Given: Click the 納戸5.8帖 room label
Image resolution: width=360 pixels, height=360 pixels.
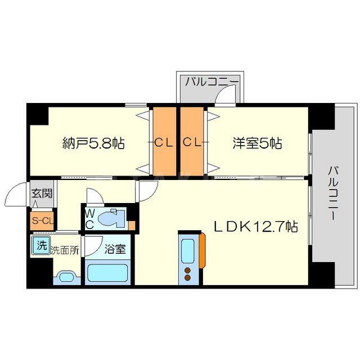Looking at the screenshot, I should tap(93, 143).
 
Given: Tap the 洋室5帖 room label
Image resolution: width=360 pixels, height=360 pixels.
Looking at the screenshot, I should tap(258, 143).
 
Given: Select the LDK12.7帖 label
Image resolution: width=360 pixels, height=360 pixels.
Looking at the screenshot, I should tap(255, 227).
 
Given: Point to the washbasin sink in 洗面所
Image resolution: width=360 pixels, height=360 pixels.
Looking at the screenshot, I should tap(67, 276).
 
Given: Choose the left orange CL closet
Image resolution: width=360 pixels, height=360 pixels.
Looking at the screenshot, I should tap(164, 142).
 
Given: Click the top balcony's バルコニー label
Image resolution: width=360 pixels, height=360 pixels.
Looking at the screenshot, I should tap(213, 82).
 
